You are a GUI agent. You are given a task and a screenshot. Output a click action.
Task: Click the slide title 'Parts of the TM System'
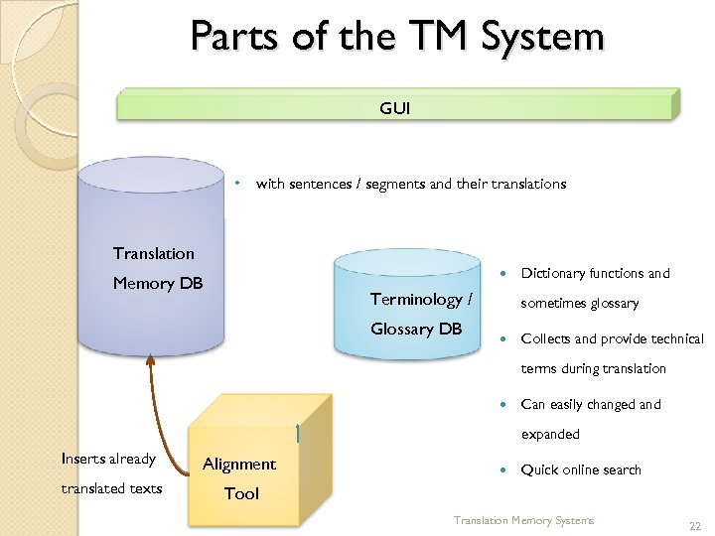(397, 37)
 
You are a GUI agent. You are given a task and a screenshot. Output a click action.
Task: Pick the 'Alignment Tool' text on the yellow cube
(239, 477)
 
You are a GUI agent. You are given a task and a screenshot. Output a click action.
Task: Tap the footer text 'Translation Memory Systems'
(523, 520)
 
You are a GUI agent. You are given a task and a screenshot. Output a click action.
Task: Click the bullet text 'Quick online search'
(581, 469)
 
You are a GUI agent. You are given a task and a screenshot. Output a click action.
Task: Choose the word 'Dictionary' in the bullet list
(552, 273)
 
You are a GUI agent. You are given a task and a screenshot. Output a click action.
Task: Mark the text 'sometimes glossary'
(581, 303)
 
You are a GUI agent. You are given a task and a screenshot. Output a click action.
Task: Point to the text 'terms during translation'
(594, 368)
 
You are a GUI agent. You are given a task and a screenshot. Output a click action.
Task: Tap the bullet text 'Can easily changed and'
(591, 404)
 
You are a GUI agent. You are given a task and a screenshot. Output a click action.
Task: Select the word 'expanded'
(551, 434)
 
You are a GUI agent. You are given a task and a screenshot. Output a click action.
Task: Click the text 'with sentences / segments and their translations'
(411, 183)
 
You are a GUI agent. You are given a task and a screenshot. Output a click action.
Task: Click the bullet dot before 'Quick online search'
(503, 469)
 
